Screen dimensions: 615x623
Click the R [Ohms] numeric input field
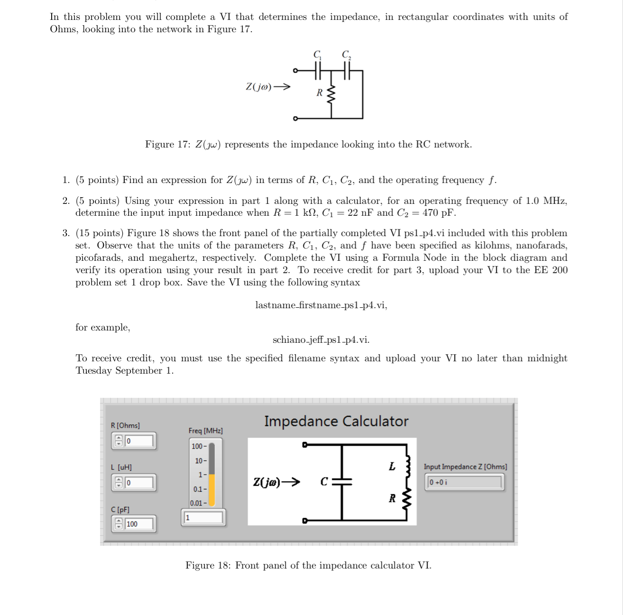pos(139,441)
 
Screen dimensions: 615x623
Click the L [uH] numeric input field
pos(139,483)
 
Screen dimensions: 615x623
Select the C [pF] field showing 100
pos(139,524)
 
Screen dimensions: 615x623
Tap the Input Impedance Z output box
pos(464,482)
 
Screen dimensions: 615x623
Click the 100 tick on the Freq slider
pos(198,446)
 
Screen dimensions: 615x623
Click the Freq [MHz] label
pos(205,431)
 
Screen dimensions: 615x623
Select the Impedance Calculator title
pos(336,421)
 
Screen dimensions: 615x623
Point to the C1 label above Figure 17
pos(317,54)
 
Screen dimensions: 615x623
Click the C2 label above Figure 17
pos(346,54)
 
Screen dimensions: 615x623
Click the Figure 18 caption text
pos(308,565)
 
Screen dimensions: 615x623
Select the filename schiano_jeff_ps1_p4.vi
pos(321,340)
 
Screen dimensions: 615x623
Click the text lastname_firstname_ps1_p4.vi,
pos(321,305)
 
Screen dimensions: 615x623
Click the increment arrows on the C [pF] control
pos(119,524)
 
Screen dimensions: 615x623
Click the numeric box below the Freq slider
pos(203,517)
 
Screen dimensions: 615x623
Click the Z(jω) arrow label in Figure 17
pos(268,87)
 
